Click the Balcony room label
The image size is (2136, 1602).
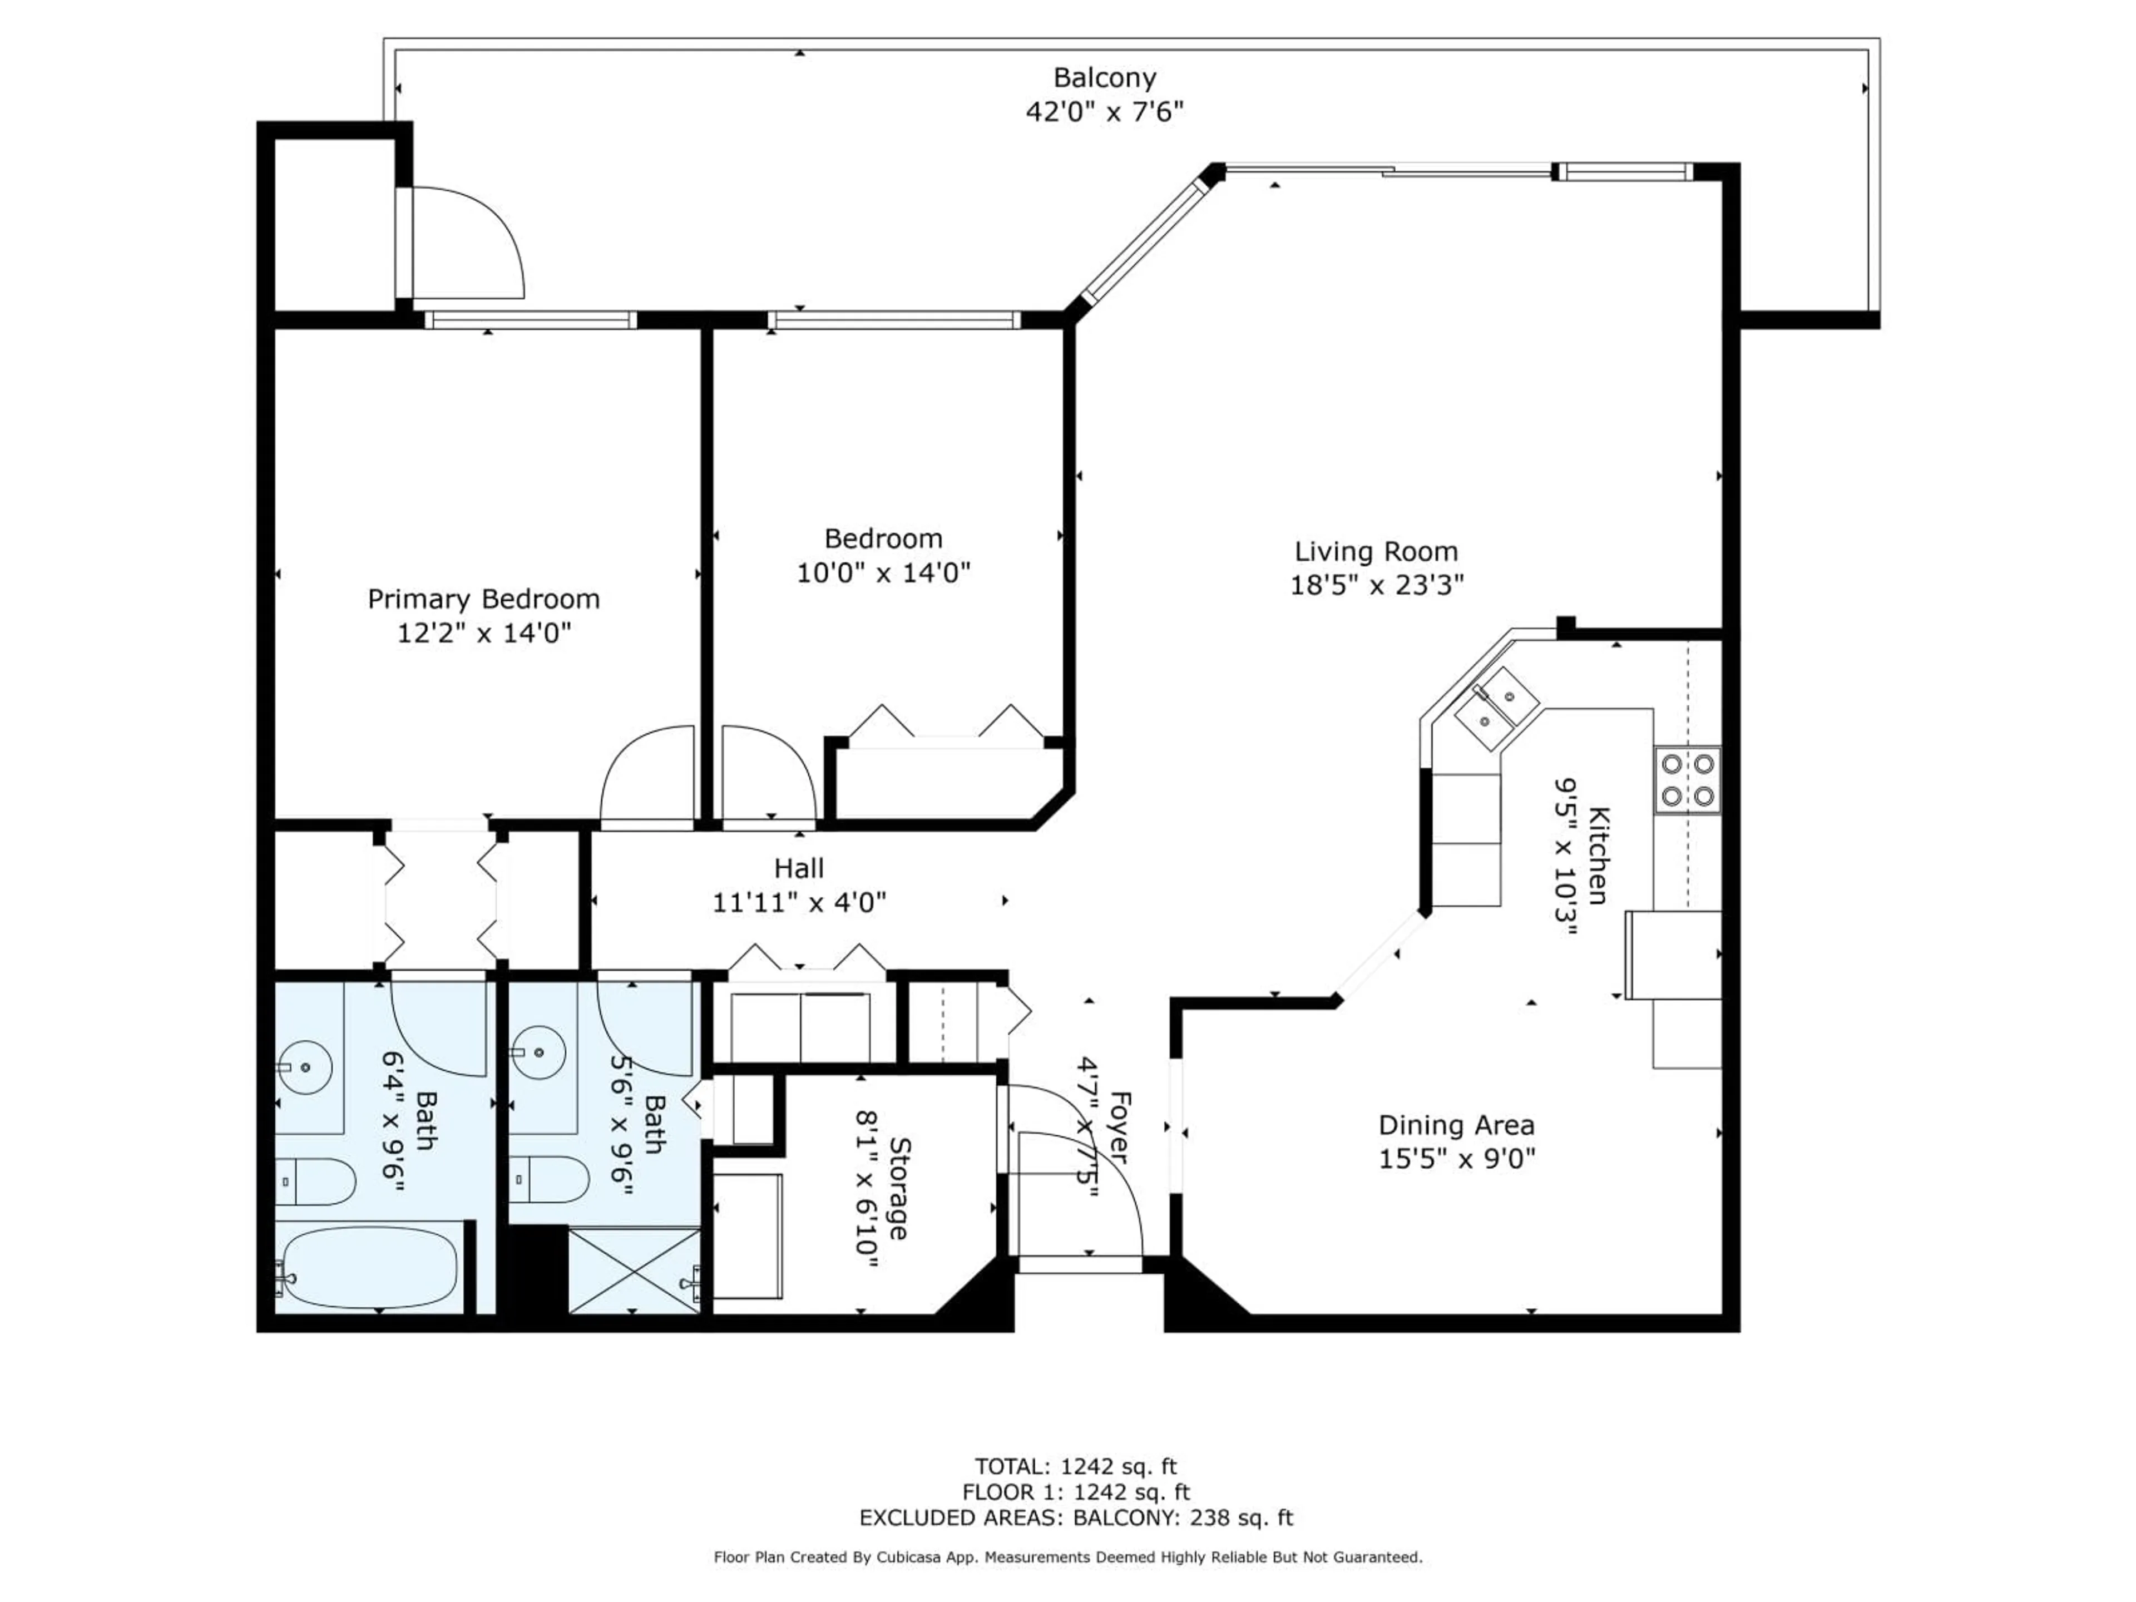(1104, 77)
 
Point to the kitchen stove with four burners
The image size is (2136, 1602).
(1686, 780)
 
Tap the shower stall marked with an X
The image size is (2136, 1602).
(634, 1270)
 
